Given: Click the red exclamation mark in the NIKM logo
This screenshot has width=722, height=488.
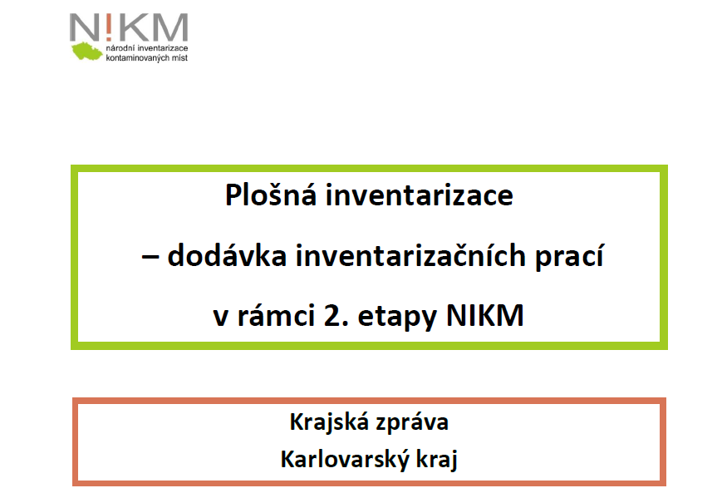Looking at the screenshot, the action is (x=108, y=27).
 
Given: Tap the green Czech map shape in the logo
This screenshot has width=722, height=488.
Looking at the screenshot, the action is (x=86, y=51).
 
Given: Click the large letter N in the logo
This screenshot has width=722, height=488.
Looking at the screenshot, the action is (x=83, y=27).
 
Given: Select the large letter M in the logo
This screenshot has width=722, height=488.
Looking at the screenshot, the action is (x=169, y=27).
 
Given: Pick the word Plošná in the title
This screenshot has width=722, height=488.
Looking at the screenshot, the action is (x=271, y=195).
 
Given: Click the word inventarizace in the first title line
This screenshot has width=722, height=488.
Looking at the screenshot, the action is (x=420, y=195).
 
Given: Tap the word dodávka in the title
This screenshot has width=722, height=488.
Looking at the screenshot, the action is (x=227, y=255).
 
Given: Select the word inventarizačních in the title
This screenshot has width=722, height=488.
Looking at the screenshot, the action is (x=410, y=255).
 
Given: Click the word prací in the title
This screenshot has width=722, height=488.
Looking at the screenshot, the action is (x=569, y=257).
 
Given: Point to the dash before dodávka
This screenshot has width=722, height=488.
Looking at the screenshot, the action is (x=150, y=257).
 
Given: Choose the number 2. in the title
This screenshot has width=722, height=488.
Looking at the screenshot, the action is (x=336, y=316).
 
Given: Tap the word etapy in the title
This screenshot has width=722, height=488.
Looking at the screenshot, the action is (x=397, y=317).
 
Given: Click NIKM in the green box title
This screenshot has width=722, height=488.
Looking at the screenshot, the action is (x=485, y=315).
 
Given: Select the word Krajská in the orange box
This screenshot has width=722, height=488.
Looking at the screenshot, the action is (x=330, y=422).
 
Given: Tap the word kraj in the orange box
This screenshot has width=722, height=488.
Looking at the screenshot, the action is (x=437, y=460).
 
